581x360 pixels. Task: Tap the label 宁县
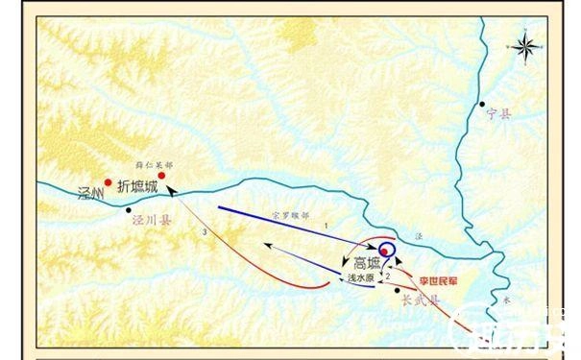coord(499,113)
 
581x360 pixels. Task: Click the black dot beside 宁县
coord(484,103)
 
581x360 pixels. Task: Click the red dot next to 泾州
coord(109,180)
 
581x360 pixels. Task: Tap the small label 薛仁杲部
coord(157,165)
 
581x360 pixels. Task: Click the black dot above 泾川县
coord(128,209)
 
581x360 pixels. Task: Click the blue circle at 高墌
coord(386,252)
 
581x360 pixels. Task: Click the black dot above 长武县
coord(397,289)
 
